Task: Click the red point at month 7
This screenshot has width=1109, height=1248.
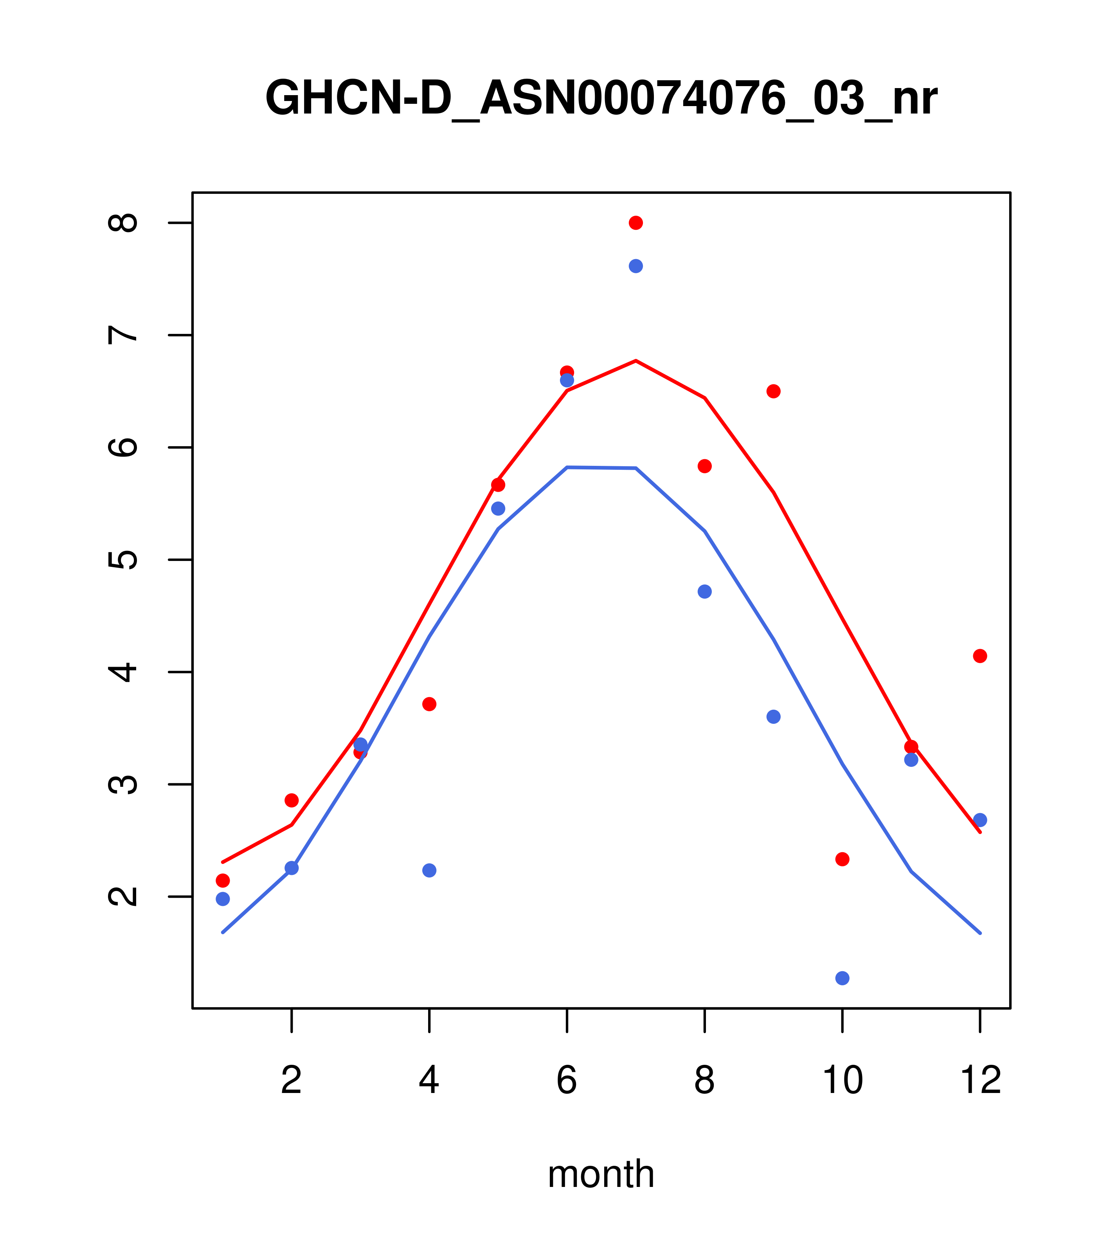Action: [636, 223]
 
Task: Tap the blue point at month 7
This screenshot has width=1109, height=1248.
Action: [636, 266]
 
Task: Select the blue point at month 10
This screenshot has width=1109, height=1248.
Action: [842, 978]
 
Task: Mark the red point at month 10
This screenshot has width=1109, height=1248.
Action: [842, 859]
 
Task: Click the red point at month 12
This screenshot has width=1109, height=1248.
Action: [980, 656]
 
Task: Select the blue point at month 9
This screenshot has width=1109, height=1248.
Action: [773, 716]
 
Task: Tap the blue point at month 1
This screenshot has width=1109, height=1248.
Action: [223, 899]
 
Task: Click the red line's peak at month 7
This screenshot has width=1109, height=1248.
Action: [636, 361]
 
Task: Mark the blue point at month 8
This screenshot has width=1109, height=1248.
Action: [704, 592]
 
